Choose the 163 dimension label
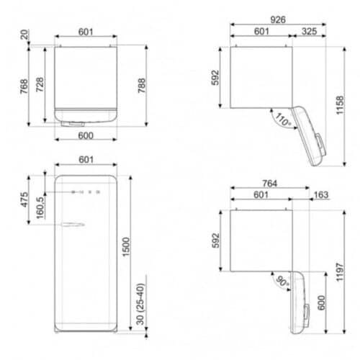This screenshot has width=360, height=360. [x=321, y=194]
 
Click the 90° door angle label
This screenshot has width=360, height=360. [x=282, y=282]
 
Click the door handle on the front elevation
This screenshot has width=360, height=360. [x=73, y=225]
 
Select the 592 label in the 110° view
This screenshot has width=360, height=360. [x=214, y=77]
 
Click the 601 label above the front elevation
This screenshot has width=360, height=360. [x=85, y=161]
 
